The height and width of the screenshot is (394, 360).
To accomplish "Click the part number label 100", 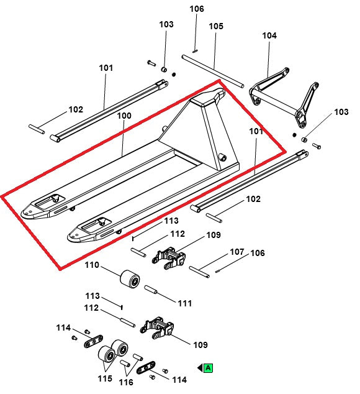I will coord(124,116).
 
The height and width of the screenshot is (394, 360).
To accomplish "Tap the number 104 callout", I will coord(269,35).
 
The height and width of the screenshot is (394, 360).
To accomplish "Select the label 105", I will coord(215,26).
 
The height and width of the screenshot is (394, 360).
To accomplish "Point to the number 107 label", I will coord(237,252).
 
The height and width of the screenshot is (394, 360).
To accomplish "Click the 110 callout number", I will coord(92,265).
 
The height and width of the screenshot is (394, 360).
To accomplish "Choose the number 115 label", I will coord(104,378).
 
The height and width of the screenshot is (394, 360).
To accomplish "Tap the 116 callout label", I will coord(126,382).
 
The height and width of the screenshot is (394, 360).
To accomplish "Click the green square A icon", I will coord(209,368).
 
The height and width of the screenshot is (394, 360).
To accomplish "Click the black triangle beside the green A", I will coord(200,368).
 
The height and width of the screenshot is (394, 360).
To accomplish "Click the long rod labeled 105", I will coord(214,70).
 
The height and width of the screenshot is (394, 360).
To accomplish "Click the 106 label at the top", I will coord(196,9).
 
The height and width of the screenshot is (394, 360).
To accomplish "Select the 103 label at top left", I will coord(166,24).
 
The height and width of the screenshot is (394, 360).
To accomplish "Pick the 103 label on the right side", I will coord(341,112).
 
